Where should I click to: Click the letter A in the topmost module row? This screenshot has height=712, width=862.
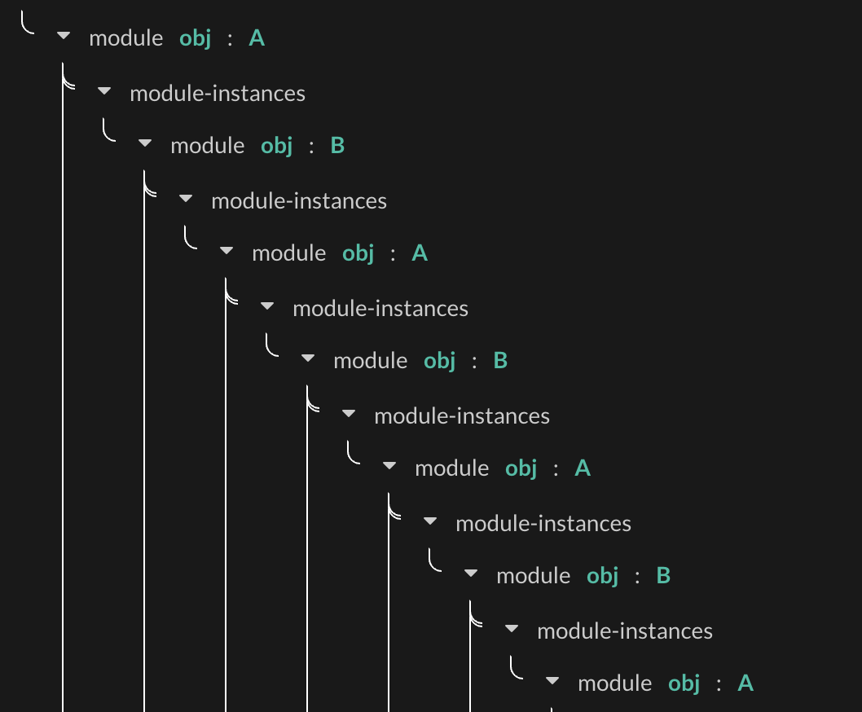257,38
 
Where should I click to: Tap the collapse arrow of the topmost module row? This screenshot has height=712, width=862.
64,37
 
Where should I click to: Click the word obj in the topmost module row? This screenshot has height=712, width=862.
196,38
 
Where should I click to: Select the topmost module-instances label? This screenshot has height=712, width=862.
218,94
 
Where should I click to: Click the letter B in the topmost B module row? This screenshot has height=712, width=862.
338,146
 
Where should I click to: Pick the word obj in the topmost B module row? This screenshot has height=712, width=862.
277,146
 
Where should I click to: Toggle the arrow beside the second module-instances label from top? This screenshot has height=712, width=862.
186,199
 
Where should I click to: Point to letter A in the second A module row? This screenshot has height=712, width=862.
420,253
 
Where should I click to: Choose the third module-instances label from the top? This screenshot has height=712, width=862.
380,309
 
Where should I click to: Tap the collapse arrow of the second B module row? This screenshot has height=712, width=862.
308,358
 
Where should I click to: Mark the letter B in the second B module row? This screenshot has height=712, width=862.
501,361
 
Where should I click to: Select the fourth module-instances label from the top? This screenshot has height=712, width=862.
462,416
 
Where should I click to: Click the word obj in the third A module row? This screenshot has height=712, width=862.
521,468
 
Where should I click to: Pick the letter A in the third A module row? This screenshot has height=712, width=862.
583,468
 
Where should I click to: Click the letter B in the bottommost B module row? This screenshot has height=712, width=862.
664,576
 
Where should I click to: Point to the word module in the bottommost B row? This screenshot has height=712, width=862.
534,576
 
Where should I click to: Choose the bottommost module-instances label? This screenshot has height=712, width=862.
625,631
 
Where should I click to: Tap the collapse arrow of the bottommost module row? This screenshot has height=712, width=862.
552,681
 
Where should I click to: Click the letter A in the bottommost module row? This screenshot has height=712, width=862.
745,683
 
